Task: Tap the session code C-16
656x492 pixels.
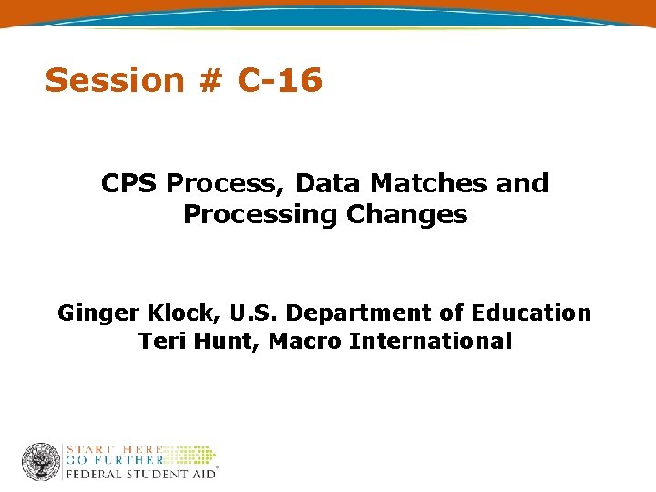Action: coord(279,80)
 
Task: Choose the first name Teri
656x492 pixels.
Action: coord(160,342)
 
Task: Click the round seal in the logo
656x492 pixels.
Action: coord(41,462)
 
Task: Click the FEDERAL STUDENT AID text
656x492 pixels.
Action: coord(138,474)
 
